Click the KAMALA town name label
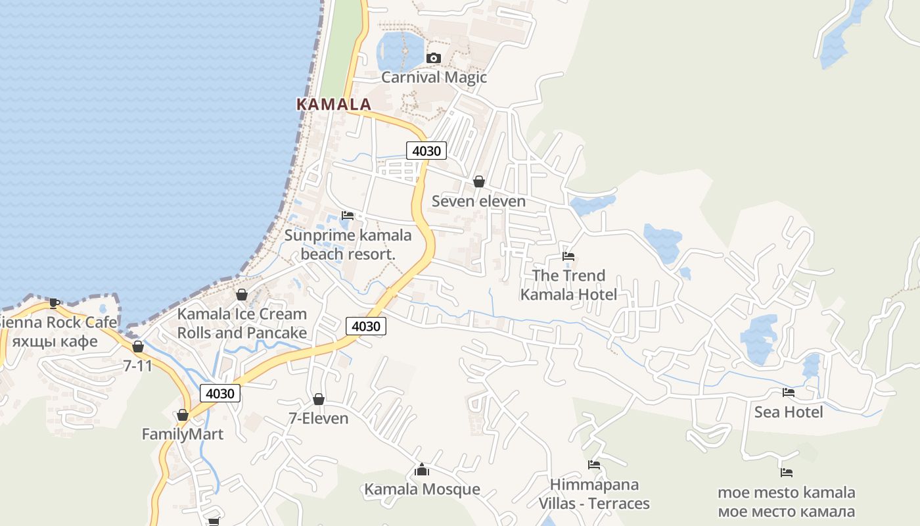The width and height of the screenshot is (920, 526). pos(334,104)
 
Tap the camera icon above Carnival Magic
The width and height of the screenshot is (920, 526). pos(433,58)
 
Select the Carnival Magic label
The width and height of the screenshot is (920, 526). pos(434,77)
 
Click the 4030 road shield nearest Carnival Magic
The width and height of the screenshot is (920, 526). pos(426,151)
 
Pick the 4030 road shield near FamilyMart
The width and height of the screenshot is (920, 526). pos(219,393)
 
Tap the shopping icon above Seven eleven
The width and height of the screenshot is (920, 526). pos(479,181)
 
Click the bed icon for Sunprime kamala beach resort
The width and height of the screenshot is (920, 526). pos(348,215)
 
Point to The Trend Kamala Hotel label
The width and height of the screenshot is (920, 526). pos(568,285)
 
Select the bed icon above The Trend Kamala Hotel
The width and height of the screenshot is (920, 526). pos(568,256)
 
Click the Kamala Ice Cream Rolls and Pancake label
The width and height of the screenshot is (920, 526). pos(242,323)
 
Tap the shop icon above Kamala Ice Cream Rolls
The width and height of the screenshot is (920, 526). pos(242,295)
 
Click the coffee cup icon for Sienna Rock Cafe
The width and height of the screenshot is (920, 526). pos(54,303)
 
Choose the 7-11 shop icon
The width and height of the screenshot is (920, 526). pos(138,347)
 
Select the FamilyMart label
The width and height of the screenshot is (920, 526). pos(183,434)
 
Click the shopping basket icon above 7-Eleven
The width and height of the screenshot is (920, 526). pos(319,399)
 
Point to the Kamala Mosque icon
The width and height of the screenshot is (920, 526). pos(422,470)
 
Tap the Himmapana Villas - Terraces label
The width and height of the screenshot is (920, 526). pos(594,494)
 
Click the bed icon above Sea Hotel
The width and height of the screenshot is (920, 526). pos(789,393)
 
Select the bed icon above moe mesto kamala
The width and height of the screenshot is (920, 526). pos(787,472)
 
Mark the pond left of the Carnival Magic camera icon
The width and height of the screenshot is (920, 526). pos(399,51)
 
